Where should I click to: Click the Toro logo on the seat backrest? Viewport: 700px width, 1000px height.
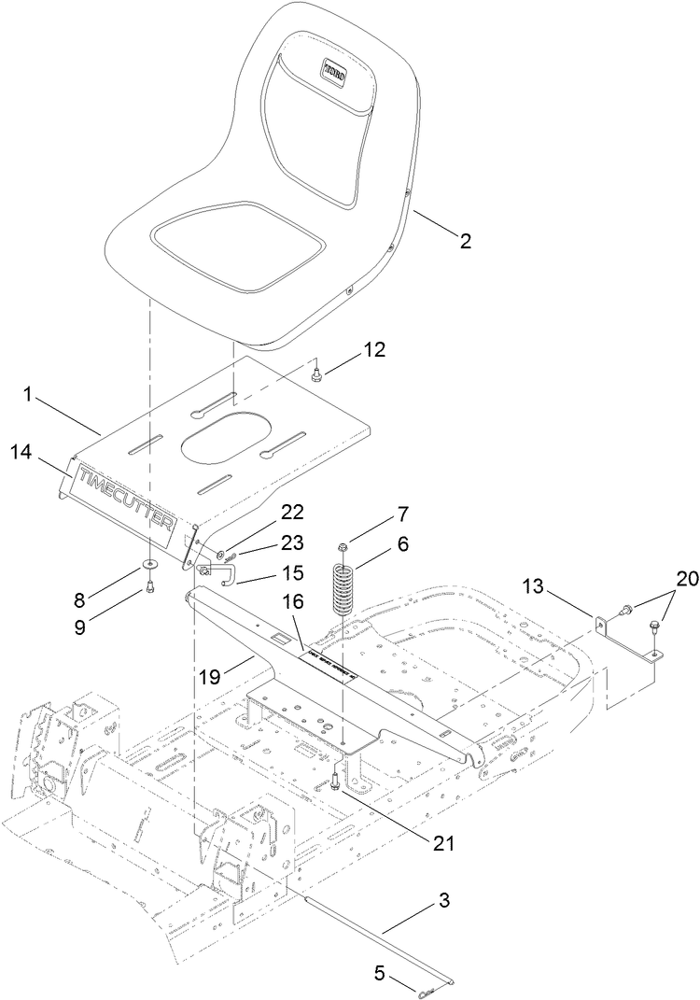[x=334, y=70]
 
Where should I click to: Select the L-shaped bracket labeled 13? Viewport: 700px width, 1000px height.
[x=623, y=630]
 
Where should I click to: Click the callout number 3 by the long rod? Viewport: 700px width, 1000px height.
[x=444, y=902]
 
